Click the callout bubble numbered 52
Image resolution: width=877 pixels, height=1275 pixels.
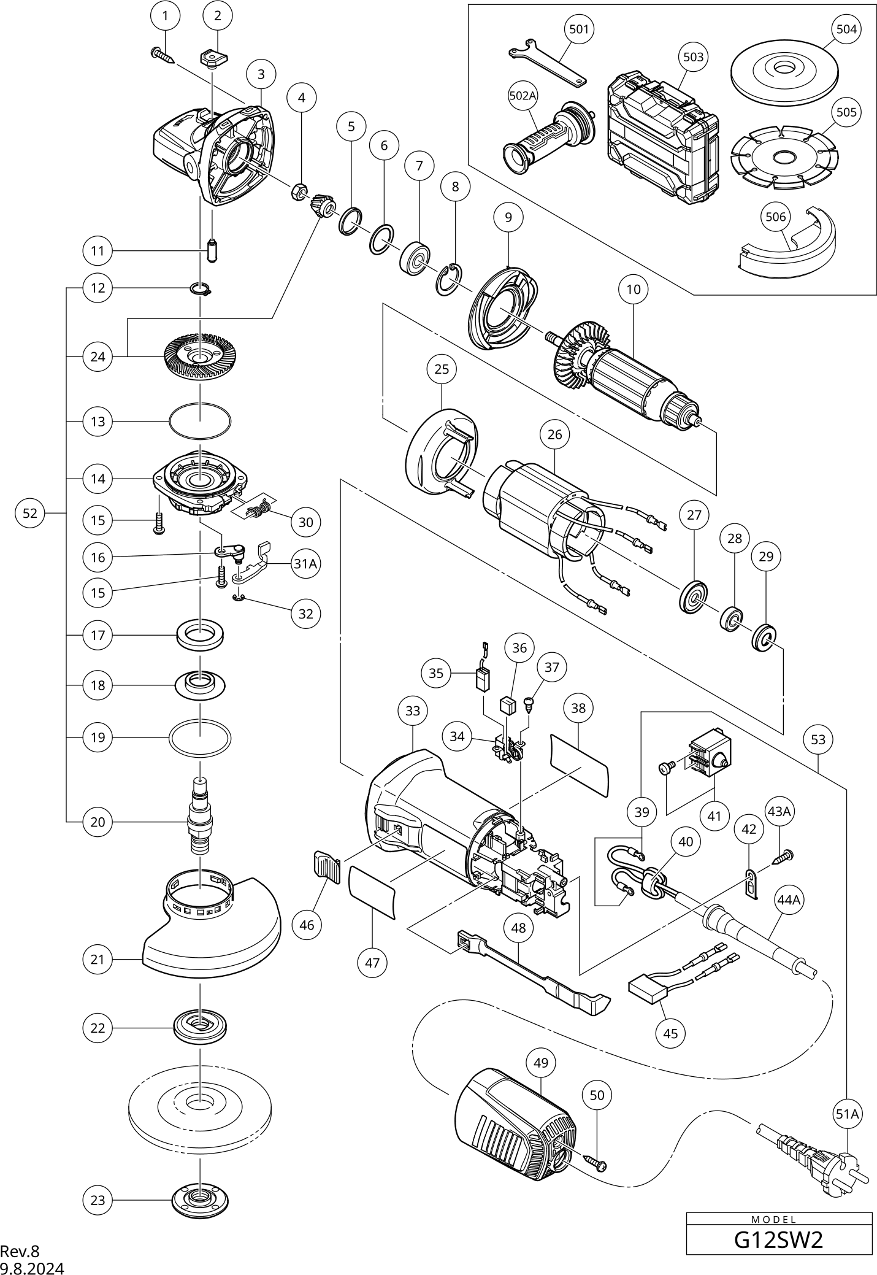click(x=30, y=513)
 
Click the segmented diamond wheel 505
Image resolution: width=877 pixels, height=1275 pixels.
click(x=783, y=158)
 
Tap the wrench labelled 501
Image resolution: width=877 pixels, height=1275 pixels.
click(x=547, y=64)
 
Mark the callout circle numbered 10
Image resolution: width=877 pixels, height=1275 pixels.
click(x=633, y=288)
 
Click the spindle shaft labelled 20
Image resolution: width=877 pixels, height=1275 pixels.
click(x=199, y=815)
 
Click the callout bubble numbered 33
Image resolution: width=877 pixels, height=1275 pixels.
click(x=413, y=711)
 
